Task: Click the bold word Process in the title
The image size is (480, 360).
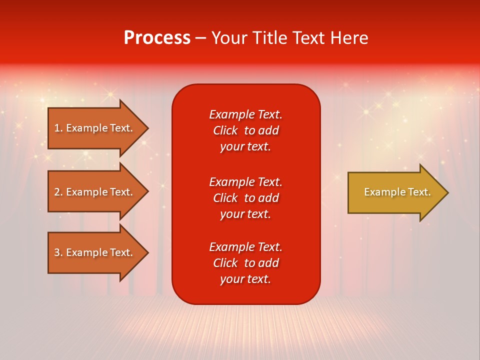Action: [x=157, y=38]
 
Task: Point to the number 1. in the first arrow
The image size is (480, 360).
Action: [x=58, y=128]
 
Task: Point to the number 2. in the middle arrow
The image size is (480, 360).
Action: [x=58, y=192]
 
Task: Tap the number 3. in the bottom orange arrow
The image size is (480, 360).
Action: [x=58, y=252]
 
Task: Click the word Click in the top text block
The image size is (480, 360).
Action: [x=225, y=130]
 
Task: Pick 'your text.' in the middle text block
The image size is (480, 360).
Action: [x=245, y=214]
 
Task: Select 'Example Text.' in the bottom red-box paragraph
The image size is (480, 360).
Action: [x=245, y=247]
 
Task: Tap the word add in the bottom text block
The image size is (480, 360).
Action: [x=269, y=263]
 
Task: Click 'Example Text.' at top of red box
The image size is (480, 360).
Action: [x=245, y=114]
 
